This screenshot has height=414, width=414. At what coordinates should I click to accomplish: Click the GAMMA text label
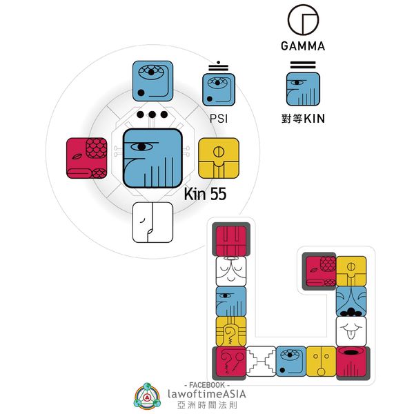point(302,47)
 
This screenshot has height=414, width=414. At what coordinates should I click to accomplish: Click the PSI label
point(219,119)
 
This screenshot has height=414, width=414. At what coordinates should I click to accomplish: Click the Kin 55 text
point(206,195)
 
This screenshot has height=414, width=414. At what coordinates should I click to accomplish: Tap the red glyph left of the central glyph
point(86,157)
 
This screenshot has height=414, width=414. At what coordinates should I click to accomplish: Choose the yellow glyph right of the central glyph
point(218,157)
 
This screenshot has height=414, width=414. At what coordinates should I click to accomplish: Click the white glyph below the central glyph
point(152,221)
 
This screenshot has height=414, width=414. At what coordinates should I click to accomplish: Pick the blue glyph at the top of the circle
point(153,81)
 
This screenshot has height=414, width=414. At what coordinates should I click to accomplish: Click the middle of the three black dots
point(153,115)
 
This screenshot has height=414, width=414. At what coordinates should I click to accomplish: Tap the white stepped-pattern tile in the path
point(261,362)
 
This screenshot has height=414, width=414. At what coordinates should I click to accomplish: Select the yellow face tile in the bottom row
point(321,362)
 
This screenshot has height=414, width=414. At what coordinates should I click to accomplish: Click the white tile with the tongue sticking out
point(351,332)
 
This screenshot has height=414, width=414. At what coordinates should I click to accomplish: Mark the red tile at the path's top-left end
point(231,241)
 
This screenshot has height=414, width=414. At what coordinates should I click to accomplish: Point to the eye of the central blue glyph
point(141,146)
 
